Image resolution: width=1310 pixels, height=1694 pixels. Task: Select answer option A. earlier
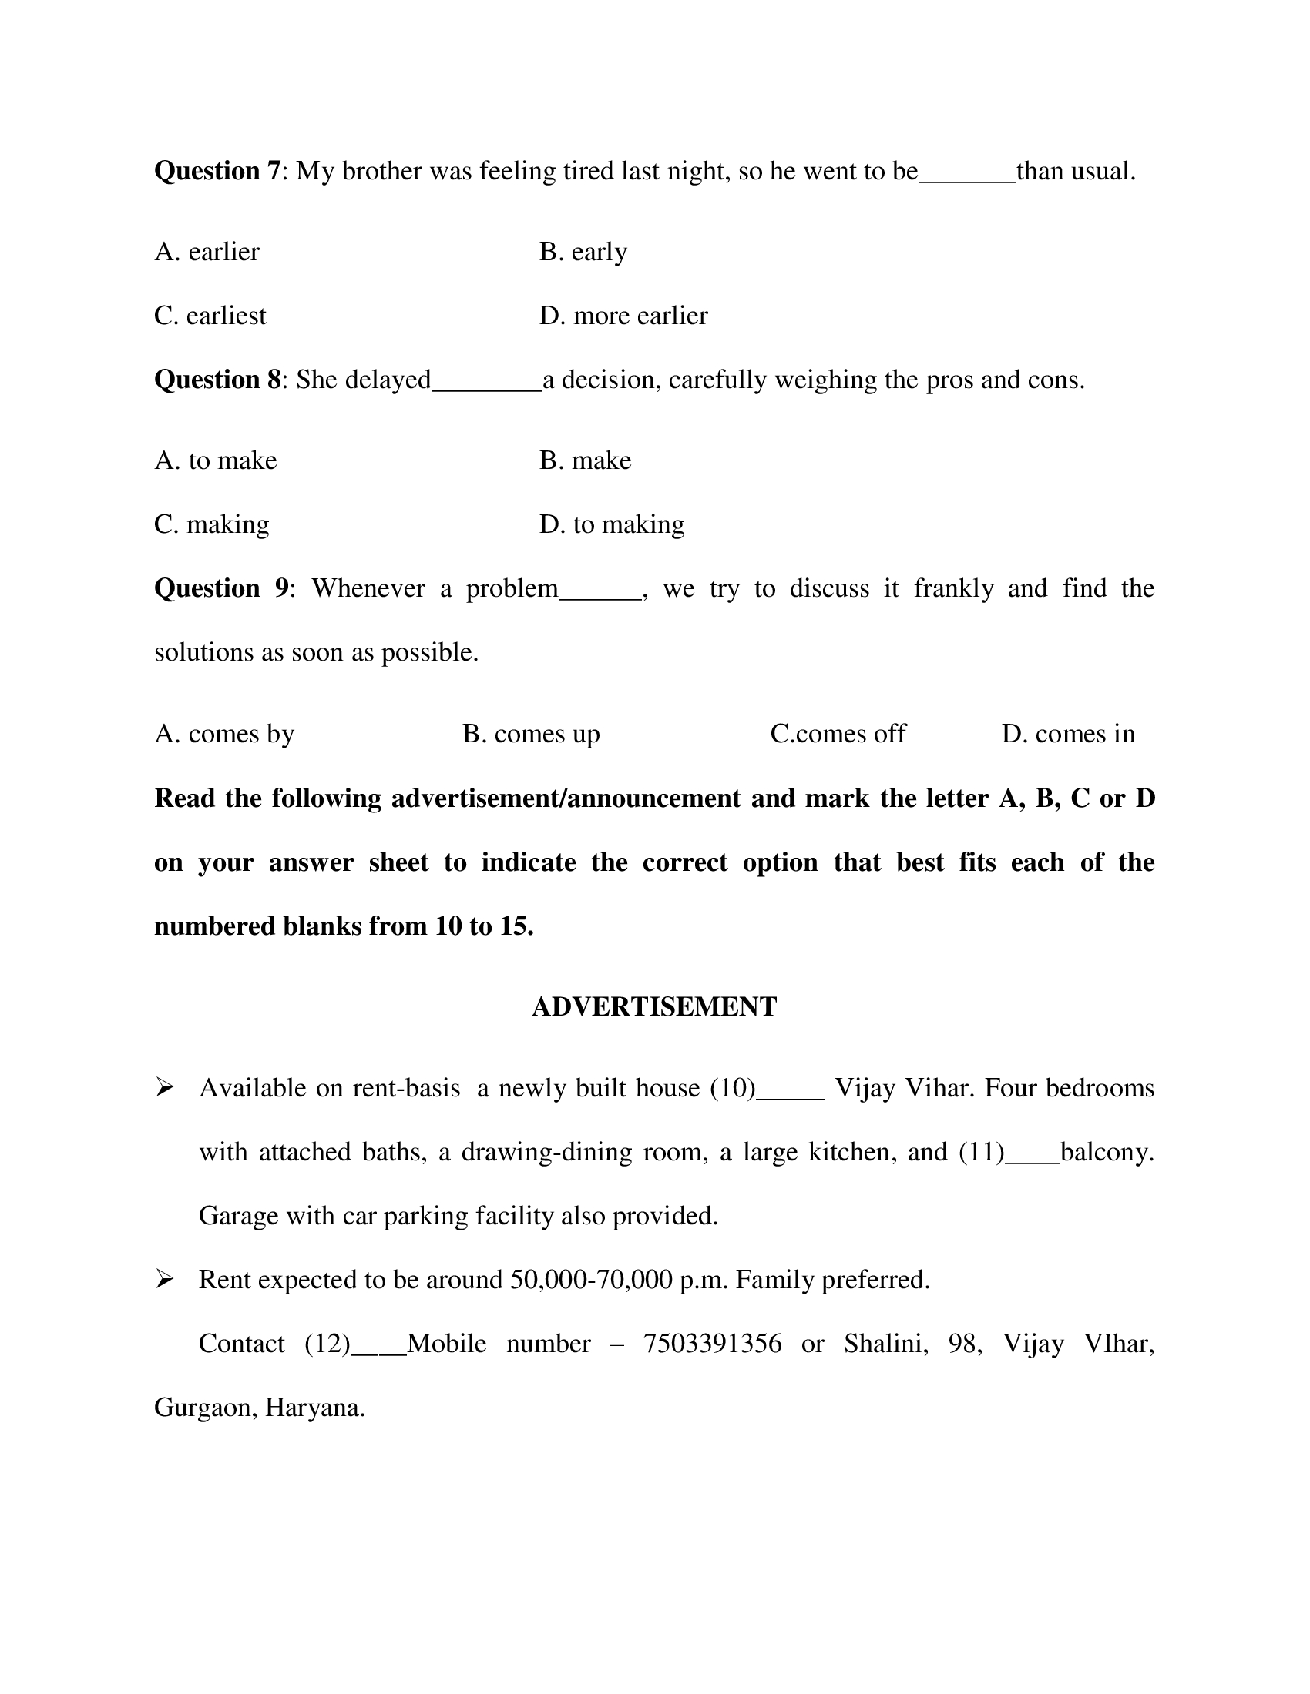coord(207,252)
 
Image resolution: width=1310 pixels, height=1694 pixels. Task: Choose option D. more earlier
coord(623,316)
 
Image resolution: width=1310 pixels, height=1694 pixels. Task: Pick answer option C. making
coord(212,525)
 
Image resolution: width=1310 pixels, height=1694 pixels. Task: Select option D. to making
coord(612,525)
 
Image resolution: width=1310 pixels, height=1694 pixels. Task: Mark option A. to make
coord(216,460)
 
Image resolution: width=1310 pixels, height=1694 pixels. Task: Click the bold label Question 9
coord(222,589)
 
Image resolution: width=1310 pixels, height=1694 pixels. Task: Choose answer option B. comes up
coord(531,734)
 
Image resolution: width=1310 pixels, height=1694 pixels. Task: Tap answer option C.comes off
coord(838,734)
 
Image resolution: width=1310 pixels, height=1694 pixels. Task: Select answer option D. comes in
coord(1068,734)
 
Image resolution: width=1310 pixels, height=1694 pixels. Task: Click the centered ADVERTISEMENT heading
coord(654,1007)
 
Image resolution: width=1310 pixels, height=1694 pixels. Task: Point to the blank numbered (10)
coord(790,1094)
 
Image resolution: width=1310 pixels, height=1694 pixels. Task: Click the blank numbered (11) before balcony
coord(1032,1158)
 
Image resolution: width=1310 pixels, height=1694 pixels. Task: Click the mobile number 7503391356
coord(712,1344)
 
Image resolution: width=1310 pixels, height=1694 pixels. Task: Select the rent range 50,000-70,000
coord(591,1280)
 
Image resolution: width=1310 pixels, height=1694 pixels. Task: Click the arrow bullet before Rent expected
coord(163,1279)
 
